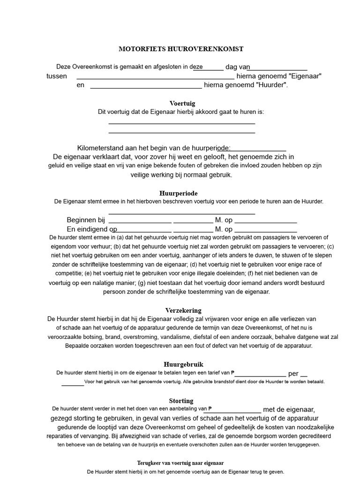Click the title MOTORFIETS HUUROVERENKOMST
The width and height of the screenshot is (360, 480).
point(181,49)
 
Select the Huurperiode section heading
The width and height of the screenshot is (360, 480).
point(178,193)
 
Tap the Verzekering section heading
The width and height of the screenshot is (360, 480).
point(183,310)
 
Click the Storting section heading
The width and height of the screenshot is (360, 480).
point(181,401)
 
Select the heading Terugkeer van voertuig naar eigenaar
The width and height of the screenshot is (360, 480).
point(180,463)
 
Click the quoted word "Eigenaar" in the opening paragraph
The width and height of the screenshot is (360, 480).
point(306,76)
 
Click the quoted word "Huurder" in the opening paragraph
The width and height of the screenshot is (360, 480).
point(271,85)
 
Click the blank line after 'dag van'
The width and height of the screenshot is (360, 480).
point(277,69)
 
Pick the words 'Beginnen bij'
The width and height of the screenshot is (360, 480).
point(86,220)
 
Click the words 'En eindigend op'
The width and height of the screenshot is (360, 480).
point(92,229)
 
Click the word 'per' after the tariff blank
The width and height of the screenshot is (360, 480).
point(293,374)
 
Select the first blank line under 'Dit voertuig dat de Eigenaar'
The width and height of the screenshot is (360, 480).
point(181,123)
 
